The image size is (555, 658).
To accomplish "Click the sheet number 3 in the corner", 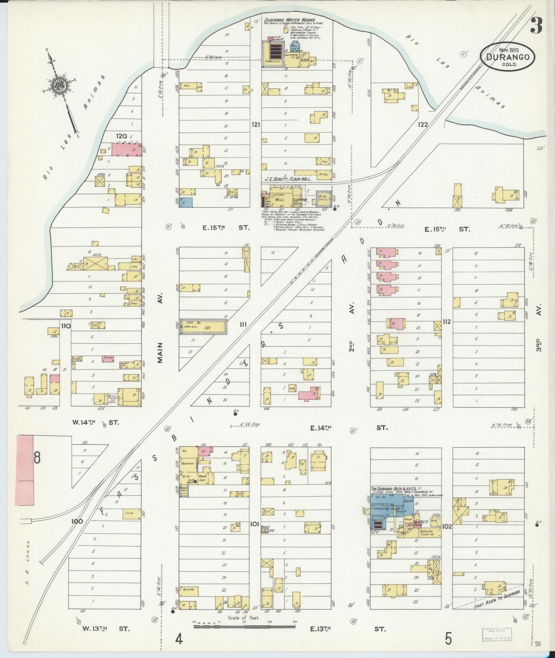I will click(x=536, y=26).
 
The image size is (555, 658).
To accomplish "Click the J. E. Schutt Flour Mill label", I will click(x=288, y=179).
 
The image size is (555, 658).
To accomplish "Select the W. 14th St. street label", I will click(x=100, y=422).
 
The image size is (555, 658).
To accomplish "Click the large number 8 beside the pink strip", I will click(x=37, y=458).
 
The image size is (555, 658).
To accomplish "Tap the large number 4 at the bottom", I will click(x=179, y=639).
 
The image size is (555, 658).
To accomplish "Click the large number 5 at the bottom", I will click(x=448, y=638).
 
